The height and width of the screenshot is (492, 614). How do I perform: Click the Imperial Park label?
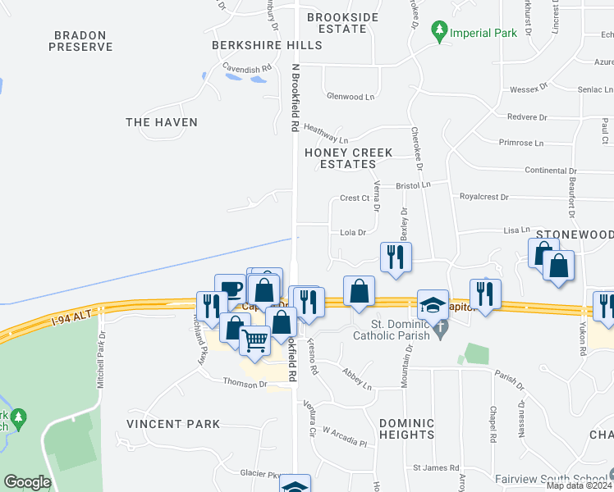484,34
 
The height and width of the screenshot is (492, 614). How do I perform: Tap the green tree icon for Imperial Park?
441,32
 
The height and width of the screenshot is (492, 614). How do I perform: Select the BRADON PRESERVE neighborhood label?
80,41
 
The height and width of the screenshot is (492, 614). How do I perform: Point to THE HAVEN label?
162,122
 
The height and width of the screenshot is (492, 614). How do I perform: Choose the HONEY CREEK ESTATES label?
348,158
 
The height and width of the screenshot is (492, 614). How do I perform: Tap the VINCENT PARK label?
173,424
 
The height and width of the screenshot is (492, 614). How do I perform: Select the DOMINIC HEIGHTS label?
406,429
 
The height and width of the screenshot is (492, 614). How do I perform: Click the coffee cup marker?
231,288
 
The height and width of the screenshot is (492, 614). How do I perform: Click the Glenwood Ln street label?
350,97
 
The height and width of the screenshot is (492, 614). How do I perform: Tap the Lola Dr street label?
352,233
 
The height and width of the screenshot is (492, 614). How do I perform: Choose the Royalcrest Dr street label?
484,198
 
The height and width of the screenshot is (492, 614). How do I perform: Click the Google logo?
27,482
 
